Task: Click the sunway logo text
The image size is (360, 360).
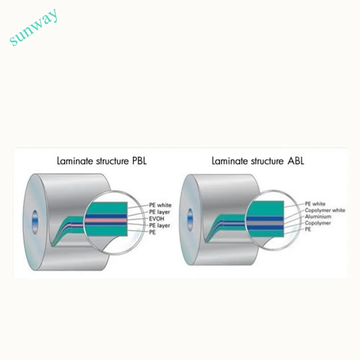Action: pyautogui.click(x=34, y=28)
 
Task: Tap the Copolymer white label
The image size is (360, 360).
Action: pyautogui.click(x=325, y=210)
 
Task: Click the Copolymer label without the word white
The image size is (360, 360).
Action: pyautogui.click(x=318, y=223)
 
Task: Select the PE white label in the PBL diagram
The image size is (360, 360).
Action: pyautogui.click(x=160, y=205)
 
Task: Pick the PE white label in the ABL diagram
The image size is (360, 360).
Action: pyautogui.click(x=315, y=204)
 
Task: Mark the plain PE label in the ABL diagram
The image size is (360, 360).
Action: pyautogui.click(x=309, y=230)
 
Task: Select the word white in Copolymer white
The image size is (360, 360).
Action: pyautogui.click(x=338, y=210)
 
